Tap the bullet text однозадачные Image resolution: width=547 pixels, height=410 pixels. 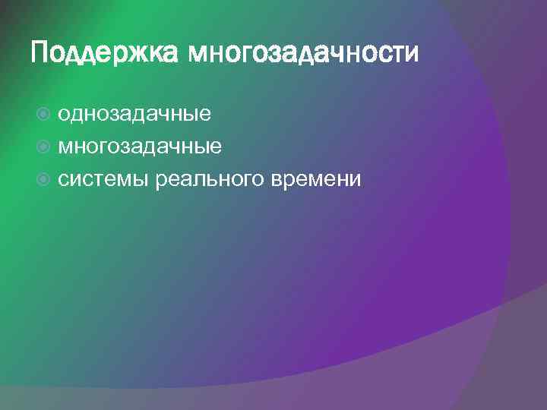coord(134,114)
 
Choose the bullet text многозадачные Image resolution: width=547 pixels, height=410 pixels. coord(140,146)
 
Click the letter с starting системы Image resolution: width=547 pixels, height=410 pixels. coord(64,180)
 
